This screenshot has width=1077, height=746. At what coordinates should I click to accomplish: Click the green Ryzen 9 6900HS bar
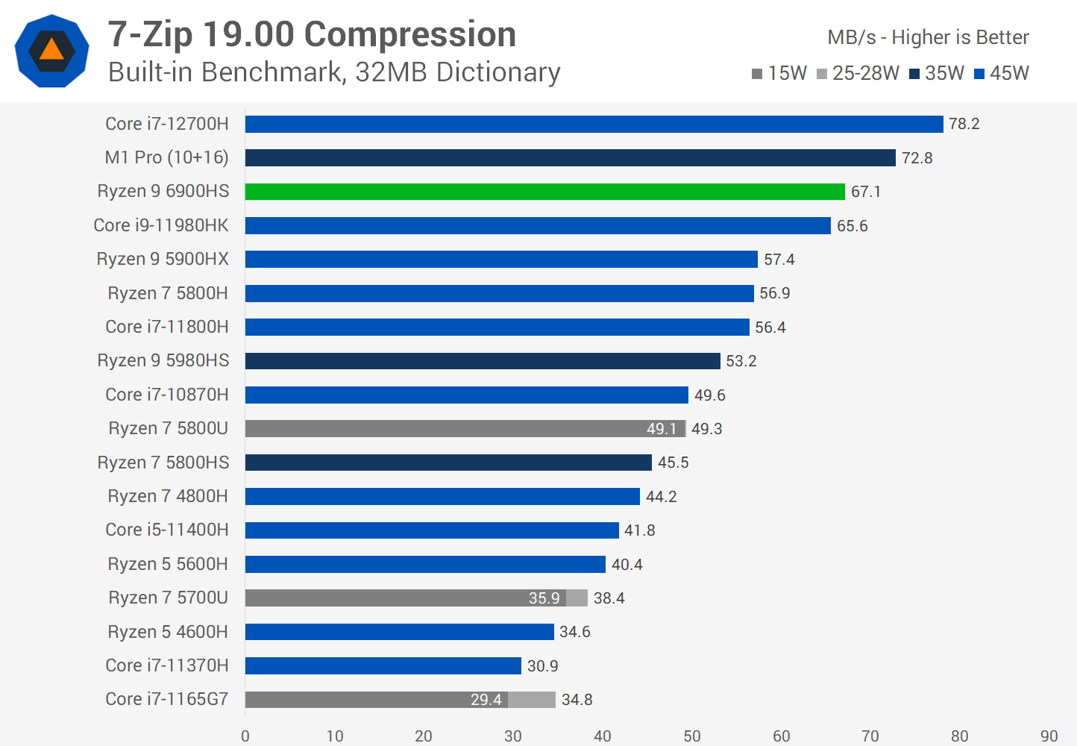point(544,192)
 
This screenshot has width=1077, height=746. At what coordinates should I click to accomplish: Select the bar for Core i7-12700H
point(594,124)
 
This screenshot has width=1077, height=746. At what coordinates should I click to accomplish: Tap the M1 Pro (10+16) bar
point(570,157)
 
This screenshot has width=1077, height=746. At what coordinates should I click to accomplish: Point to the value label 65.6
point(852,226)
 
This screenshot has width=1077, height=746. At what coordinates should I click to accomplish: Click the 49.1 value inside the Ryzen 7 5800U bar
point(662,429)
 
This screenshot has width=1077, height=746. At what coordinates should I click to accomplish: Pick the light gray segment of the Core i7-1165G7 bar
point(532,700)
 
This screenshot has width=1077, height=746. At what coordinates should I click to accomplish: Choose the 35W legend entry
point(937,73)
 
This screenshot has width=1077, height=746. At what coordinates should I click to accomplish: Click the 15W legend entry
point(779,73)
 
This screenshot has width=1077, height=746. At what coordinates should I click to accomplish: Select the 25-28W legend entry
point(858,73)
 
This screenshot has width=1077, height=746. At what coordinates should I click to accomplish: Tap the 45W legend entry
point(1002,73)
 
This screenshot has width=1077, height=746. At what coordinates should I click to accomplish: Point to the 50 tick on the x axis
point(692,736)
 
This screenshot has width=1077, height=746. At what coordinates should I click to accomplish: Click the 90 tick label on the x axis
point(1049,736)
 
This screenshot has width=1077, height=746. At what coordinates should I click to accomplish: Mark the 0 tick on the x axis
point(245,736)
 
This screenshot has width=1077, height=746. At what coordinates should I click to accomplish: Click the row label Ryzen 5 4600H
point(168,632)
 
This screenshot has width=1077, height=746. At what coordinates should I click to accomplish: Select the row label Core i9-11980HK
point(161,225)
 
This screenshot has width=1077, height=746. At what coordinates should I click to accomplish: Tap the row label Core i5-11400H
point(167,530)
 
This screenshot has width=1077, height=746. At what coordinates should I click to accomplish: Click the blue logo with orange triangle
point(51,51)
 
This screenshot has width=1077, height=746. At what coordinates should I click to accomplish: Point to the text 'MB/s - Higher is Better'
point(928,37)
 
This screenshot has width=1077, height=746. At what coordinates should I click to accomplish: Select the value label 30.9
point(542,666)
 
